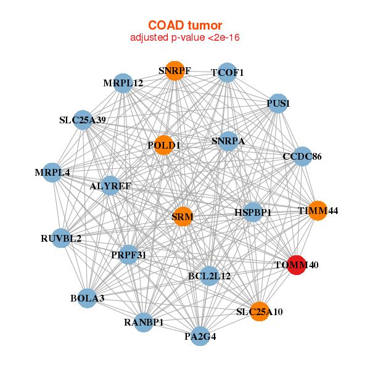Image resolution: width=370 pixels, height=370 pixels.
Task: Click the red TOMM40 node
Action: click(x=297, y=265)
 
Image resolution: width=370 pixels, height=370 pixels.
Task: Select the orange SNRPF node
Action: click(x=175, y=71)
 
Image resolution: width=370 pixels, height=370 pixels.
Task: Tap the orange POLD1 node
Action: click(x=163, y=145)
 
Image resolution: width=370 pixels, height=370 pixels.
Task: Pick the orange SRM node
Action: click(x=183, y=216)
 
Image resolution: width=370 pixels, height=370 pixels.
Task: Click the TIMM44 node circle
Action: click(x=318, y=210)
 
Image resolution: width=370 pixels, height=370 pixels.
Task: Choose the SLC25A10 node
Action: click(x=260, y=311)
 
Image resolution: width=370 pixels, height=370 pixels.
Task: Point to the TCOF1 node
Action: click(x=227, y=72)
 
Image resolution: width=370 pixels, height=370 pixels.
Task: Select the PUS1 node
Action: click(x=278, y=104)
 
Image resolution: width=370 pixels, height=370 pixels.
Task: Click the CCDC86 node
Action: click(x=302, y=156)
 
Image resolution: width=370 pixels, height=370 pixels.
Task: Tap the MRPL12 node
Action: click(x=123, y=83)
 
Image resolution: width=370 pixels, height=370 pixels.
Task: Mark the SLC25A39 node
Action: click(x=83, y=120)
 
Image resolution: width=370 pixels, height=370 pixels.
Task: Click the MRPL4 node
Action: click(x=52, y=173)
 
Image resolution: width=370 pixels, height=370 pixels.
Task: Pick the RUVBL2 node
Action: click(x=61, y=238)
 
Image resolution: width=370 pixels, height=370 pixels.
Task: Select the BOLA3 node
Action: click(x=88, y=298)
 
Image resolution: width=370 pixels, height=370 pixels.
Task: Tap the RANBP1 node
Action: click(x=144, y=323)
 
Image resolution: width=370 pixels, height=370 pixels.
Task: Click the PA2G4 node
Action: click(x=200, y=336)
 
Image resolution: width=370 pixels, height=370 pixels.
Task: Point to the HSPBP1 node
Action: click(x=253, y=212)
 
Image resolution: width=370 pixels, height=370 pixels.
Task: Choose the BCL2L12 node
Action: click(x=209, y=276)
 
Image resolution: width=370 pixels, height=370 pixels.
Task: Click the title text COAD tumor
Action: click(x=185, y=25)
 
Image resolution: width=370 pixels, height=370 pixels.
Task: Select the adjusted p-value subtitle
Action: click(x=185, y=38)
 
